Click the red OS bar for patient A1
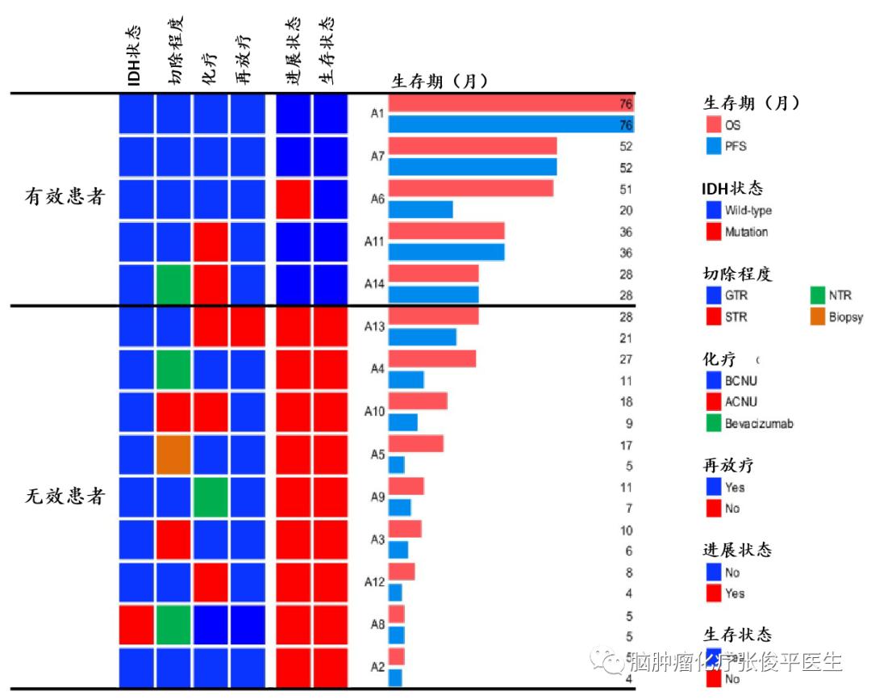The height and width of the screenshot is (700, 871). tap(511, 104)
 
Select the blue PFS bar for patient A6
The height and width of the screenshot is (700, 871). tap(420, 210)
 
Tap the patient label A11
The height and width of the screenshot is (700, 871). tap(373, 241)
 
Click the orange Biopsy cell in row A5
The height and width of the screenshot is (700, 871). tap(173, 455)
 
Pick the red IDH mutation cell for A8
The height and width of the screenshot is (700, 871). tap(136, 624)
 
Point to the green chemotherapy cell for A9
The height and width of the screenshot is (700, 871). tap(210, 497)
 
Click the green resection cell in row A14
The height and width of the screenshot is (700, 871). tap(173, 284)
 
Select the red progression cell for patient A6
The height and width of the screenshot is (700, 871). tap(294, 199)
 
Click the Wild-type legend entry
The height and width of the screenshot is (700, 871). tap(747, 211)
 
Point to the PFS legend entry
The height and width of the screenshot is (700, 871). tap(733, 147)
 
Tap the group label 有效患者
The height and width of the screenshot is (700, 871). tap(65, 197)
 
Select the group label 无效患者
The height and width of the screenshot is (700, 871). tap(65, 497)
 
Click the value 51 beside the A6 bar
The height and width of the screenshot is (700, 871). tap(626, 189)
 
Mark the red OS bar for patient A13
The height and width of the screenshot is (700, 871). tap(433, 316)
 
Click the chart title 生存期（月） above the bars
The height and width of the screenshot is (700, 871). tap(440, 81)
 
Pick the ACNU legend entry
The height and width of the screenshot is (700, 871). tap(741, 402)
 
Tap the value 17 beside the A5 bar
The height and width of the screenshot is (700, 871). tap(626, 445)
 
